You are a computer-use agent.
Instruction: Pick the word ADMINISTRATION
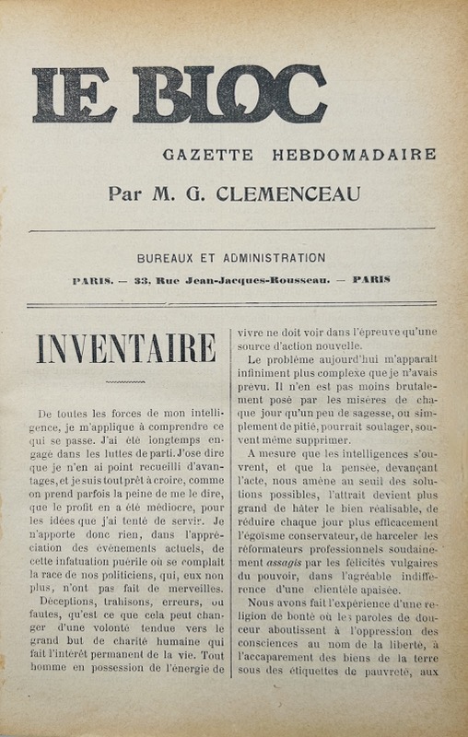click(x=268, y=258)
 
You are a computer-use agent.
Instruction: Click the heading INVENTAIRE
click(x=125, y=350)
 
